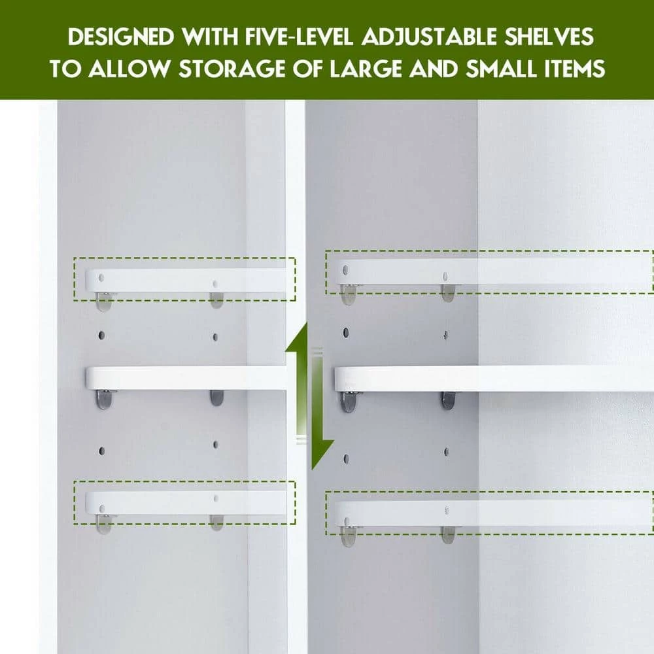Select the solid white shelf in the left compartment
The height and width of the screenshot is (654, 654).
point(186,378)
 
